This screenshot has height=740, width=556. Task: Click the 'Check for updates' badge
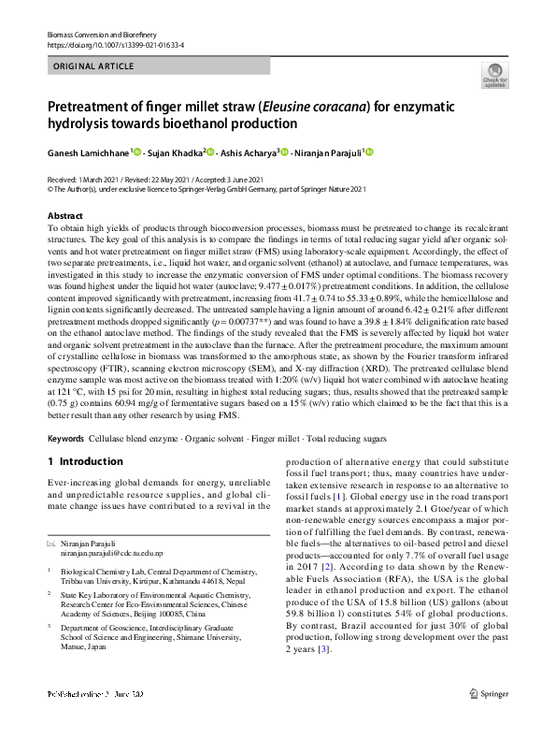[493, 75]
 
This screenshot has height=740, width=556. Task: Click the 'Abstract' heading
[64, 216]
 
